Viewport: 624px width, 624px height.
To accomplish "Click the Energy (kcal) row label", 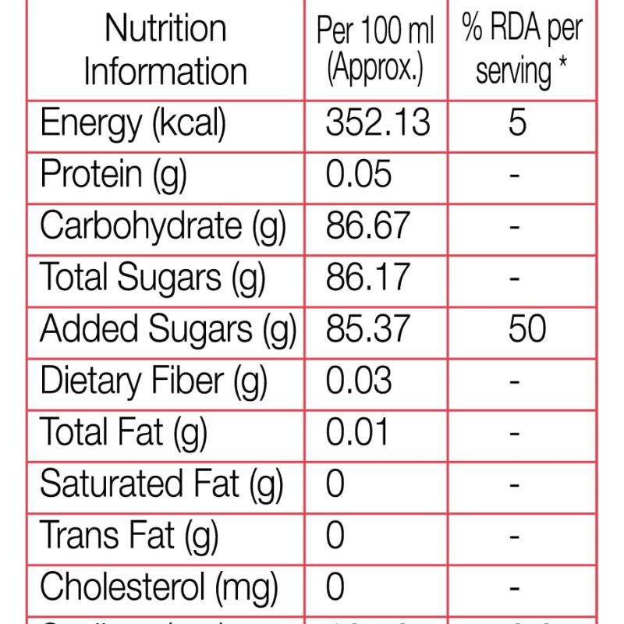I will tap(133, 124).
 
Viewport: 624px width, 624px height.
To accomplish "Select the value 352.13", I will tap(378, 123).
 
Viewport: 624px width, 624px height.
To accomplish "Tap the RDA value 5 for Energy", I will tap(517, 123).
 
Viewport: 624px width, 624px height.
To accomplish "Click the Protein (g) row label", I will tap(114, 175).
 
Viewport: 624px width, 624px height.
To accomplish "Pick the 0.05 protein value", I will tap(359, 175).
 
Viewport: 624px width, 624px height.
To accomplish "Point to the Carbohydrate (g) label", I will tap(163, 226).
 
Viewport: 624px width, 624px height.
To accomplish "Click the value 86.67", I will tap(367, 226).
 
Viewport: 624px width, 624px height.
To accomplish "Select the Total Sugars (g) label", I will tap(153, 278).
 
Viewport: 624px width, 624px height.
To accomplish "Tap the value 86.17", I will tap(367, 278).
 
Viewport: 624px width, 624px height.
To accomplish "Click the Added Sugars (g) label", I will tap(168, 329).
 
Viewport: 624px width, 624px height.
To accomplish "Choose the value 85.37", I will tap(367, 329).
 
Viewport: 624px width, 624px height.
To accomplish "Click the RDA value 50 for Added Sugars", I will tap(526, 329).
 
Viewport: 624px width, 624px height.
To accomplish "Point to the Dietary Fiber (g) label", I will tap(154, 381).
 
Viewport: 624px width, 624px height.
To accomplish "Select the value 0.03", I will tap(359, 381).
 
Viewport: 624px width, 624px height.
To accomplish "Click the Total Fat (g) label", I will tap(123, 432).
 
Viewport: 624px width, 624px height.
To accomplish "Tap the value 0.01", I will tap(357, 432).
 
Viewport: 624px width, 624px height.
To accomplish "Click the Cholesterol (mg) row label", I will tap(159, 587).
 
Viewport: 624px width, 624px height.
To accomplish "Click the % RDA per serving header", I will tap(522, 50).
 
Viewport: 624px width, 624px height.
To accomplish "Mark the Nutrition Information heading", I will tap(165, 50).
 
